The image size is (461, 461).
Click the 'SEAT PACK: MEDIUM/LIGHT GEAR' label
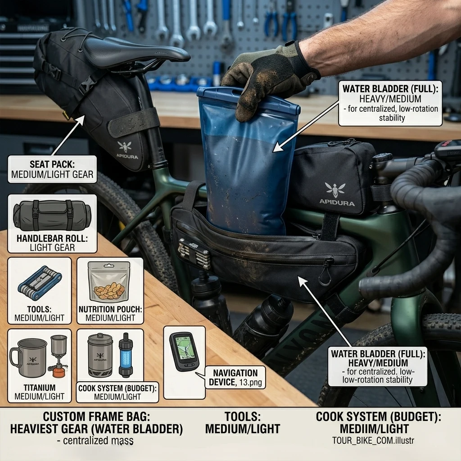click(x=52, y=169)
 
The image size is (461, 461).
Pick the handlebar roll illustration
click(x=52, y=216)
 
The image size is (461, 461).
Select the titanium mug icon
click(x=28, y=358)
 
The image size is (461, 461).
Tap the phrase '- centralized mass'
click(x=95, y=441)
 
